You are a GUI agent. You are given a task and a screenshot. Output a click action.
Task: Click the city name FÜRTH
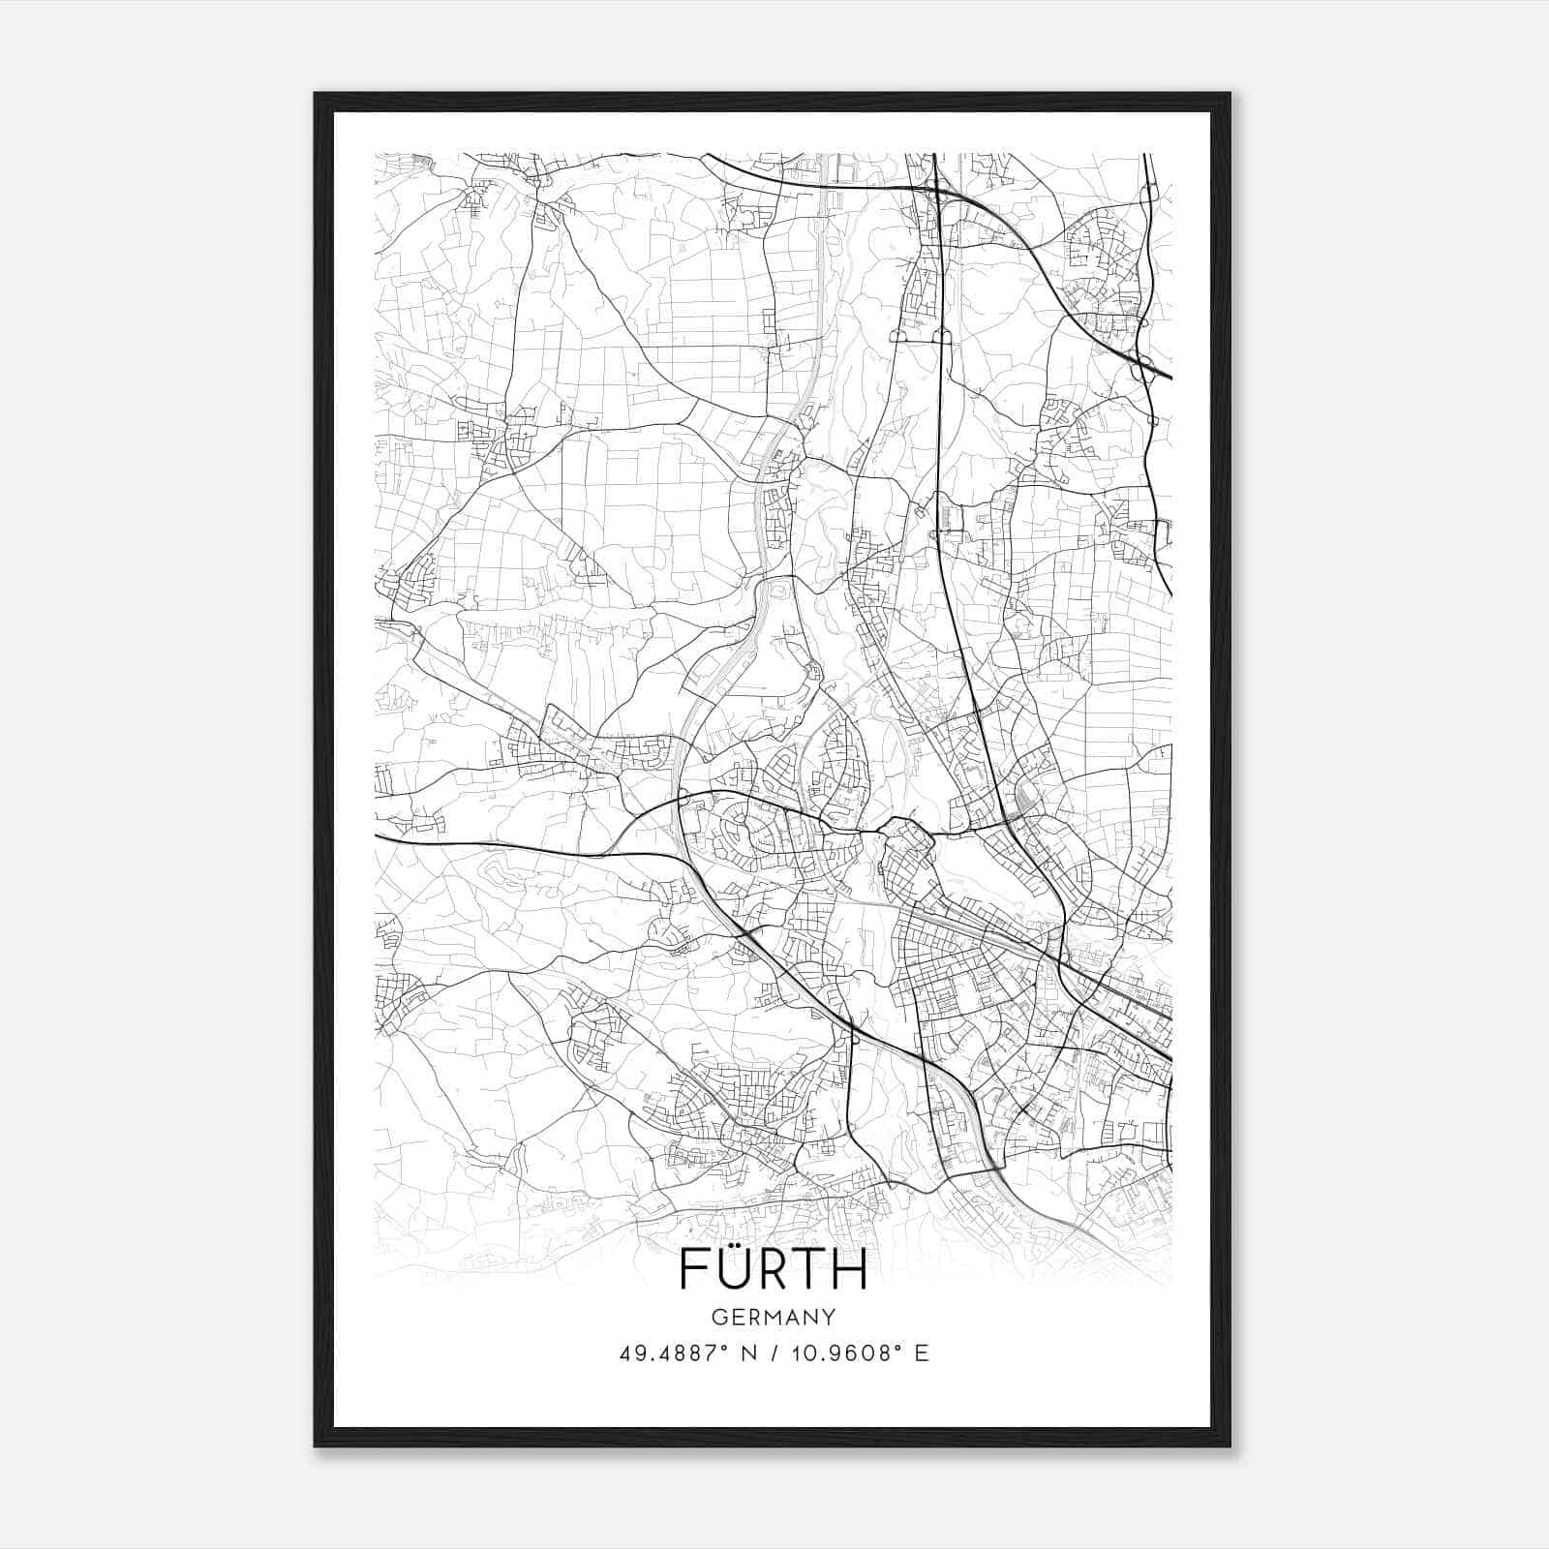[774, 1268]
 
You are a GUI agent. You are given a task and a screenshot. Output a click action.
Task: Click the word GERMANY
[774, 1318]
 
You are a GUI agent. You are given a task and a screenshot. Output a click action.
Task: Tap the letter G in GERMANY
[718, 1318]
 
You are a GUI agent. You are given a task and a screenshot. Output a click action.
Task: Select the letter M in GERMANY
[774, 1318]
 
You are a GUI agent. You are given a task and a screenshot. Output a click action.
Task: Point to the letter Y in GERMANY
[830, 1318]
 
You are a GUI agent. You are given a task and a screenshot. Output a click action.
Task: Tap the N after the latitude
[748, 1353]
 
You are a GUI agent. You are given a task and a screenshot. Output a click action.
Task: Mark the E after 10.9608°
[921, 1353]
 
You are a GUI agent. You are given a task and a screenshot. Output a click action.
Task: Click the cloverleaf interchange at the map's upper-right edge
[1144, 360]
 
